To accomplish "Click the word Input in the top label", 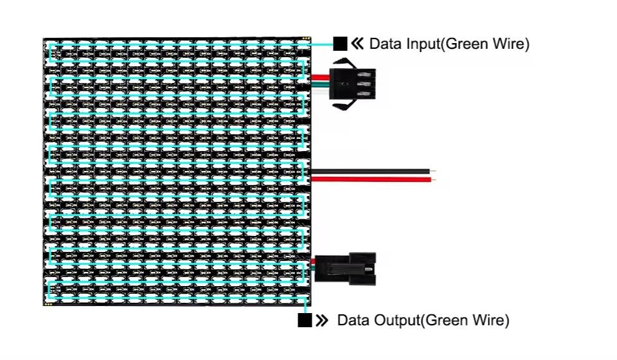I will point(420,44).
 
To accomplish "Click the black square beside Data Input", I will point(341,44).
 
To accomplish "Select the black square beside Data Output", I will point(305,320).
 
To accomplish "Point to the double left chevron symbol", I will point(358,44).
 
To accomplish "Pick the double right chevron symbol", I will point(323,320).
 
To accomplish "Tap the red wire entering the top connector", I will point(319,78).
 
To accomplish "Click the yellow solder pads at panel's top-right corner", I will point(306,40).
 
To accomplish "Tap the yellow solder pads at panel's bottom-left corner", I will point(48,303).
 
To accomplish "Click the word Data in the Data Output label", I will point(350,320).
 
